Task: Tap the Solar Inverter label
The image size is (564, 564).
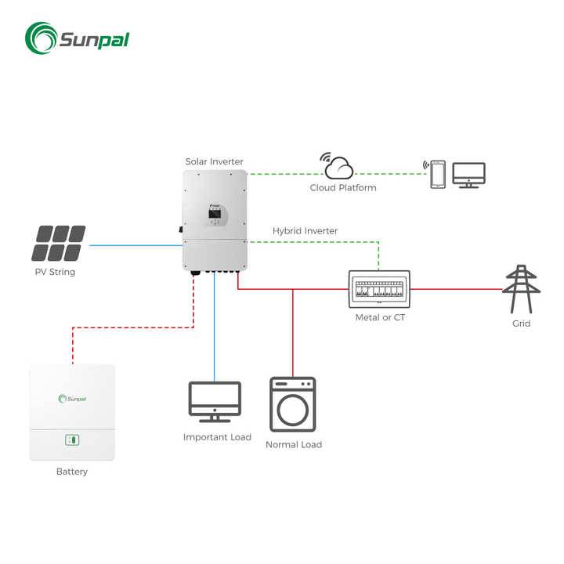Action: [x=214, y=162]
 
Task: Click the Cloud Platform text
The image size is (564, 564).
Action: [x=343, y=188]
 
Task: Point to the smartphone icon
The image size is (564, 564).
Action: [x=437, y=174]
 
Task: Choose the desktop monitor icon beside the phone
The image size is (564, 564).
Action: [x=468, y=174]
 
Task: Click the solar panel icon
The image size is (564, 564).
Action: [x=59, y=244]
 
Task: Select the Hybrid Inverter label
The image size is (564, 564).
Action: [x=305, y=231]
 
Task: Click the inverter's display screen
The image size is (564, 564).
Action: [x=214, y=212]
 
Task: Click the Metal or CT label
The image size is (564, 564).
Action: [x=380, y=317]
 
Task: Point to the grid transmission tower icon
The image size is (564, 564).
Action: [x=521, y=290]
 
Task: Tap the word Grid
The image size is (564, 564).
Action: [x=521, y=324]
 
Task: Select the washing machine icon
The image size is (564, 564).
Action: [x=293, y=404]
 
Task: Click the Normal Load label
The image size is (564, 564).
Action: [x=293, y=445]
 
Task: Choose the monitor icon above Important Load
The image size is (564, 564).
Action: [x=215, y=402]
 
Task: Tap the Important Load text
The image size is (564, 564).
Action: [x=217, y=437]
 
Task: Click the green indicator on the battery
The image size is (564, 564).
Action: [x=72, y=439]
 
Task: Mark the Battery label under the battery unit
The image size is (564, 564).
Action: [x=72, y=472]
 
